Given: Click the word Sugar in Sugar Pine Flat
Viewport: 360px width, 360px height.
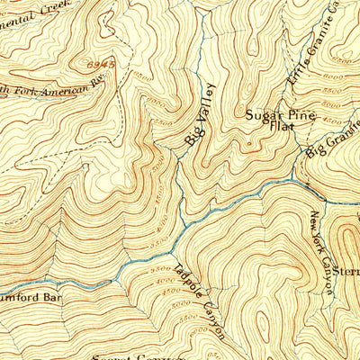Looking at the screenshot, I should pos(264,116).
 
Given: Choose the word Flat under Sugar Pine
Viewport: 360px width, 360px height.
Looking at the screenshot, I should pos(279,129).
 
